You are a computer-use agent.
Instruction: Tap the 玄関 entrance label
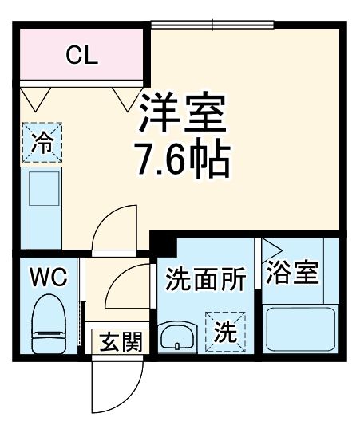[121, 343]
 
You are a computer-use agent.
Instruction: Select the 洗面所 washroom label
[205, 279]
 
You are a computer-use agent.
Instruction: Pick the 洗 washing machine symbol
[226, 332]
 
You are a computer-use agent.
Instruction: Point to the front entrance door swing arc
[112, 391]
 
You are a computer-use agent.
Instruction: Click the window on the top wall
[211, 25]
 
